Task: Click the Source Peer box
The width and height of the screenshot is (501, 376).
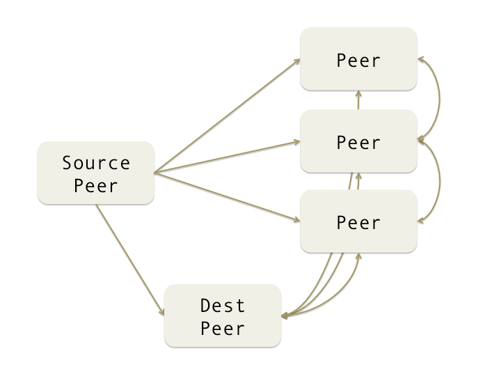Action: pyautogui.click(x=96, y=173)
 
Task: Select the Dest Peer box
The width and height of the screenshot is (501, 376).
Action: pyautogui.click(x=223, y=315)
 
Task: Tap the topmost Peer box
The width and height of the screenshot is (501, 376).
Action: pyautogui.click(x=358, y=59)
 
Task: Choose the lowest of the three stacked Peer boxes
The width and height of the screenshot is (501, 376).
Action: pyautogui.click(x=358, y=221)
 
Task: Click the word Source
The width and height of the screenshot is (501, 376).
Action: pyautogui.click(x=96, y=163)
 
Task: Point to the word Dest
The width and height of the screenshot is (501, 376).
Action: pyautogui.click(x=223, y=305)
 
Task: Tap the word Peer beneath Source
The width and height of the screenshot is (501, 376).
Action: pyautogui.click(x=96, y=186)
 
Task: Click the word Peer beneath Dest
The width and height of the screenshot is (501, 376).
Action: pyautogui.click(x=223, y=327)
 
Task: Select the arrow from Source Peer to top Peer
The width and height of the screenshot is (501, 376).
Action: pyautogui.click(x=226, y=116)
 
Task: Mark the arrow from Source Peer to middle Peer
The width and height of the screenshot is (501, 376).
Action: pyautogui.click(x=226, y=157)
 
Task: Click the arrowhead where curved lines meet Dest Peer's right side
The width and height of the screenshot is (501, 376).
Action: pyautogui.click(x=285, y=315)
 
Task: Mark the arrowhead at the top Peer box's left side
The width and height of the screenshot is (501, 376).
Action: pyautogui.click(x=297, y=61)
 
